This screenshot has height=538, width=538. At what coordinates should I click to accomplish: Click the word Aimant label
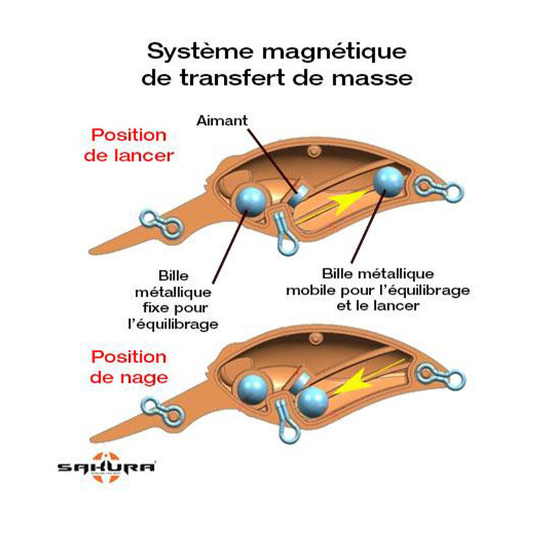click(222, 122)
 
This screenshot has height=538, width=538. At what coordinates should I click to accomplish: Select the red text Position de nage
click(128, 367)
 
